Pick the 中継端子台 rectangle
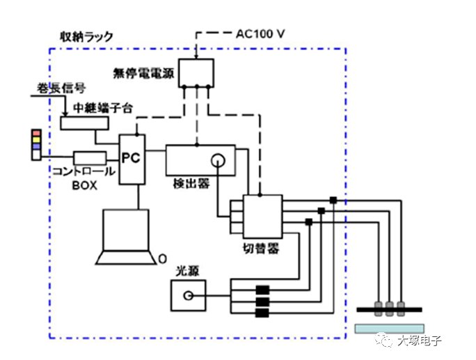point(84,123)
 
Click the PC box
point(132,159)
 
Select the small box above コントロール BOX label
point(90,157)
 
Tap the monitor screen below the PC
point(125,229)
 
